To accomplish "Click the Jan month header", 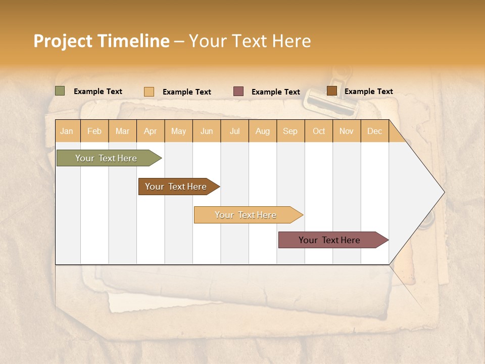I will click(67, 131).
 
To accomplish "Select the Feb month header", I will click(94, 131).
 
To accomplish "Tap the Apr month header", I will click(151, 131).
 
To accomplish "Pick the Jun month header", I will click(207, 131).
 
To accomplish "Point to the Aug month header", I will click(263, 131).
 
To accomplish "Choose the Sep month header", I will click(290, 131).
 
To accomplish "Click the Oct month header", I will click(319, 131).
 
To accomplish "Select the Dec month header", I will click(375, 131).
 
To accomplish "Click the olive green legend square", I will click(60, 91).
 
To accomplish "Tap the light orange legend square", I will click(149, 92).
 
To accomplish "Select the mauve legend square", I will click(238, 92).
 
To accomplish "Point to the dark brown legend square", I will click(331, 91).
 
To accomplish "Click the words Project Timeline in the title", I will click(101, 41).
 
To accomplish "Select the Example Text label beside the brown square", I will click(368, 92).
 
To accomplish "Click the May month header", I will click(178, 131).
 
